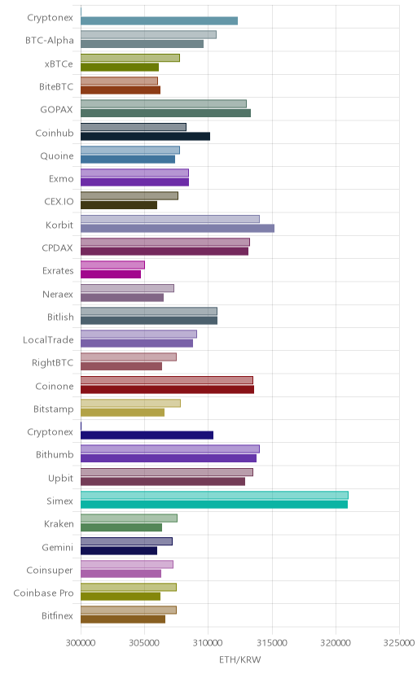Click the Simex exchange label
coord(59,501)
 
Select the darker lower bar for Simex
coord(214,504)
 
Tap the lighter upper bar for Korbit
coord(170,219)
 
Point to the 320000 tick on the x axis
coord(336,643)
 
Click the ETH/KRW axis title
coord(240,660)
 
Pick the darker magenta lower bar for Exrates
coord(111,274)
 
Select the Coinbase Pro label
coord(43,593)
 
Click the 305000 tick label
coord(144,643)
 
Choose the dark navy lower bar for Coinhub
coord(145,136)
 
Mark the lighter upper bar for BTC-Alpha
coord(149,34)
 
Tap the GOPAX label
coord(56,110)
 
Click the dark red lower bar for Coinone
coord(167,389)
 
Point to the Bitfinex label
coord(57,616)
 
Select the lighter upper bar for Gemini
coord(126,541)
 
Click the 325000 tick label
coord(399,643)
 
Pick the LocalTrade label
coord(48,340)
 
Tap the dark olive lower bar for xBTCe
coord(120,67)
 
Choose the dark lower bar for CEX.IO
coord(119,205)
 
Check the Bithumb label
coord(55,455)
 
